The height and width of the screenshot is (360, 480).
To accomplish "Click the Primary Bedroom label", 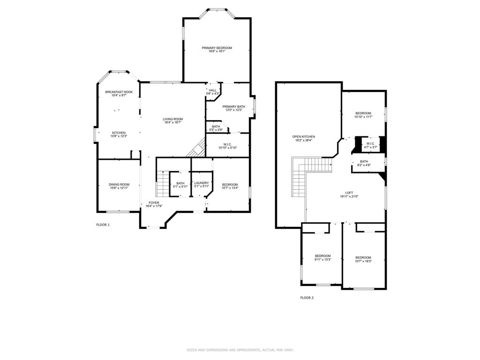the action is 217,48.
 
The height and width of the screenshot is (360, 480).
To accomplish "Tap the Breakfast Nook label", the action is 119,92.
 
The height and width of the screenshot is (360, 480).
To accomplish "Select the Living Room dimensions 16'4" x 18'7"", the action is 172,122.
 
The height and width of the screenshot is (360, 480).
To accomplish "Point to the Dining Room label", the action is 119,185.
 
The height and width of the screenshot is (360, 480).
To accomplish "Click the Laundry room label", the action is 202,183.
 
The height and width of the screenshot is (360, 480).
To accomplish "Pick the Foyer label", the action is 154,202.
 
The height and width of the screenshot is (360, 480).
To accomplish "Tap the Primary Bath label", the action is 233,106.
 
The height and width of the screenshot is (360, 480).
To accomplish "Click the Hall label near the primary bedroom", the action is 213,90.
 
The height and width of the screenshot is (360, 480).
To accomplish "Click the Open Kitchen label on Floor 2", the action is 304,137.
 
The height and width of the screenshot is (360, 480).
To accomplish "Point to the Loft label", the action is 349,193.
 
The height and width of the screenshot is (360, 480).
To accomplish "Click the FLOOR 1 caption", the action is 103,225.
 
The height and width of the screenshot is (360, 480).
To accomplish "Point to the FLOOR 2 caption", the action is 307,298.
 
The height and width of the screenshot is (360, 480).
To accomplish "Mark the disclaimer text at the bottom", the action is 240,350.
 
